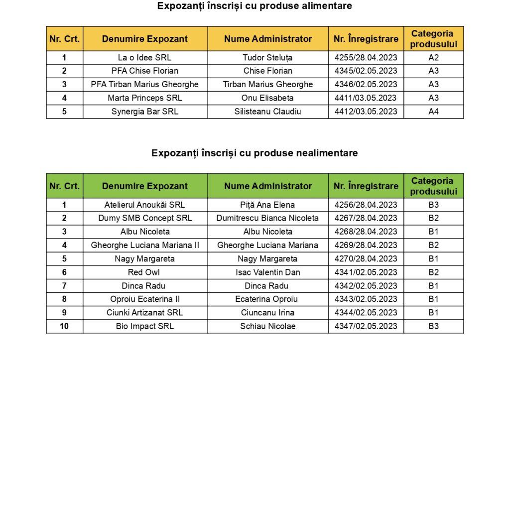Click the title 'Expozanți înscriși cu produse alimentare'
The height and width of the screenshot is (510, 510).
tap(255, 6)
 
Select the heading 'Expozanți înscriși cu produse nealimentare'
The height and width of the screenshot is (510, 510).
tap(255, 153)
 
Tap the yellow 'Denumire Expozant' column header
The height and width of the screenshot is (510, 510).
tap(145, 39)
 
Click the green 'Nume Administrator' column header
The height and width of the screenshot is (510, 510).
tap(268, 186)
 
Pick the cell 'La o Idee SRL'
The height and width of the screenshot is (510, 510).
tap(145, 58)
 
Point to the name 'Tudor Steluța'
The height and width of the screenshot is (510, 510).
tap(268, 58)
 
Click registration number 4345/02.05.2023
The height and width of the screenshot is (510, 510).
tap(366, 71)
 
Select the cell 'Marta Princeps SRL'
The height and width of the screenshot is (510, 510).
tap(145, 98)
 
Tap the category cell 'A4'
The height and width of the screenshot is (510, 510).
tap(434, 111)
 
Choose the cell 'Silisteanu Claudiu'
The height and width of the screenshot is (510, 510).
tap(268, 111)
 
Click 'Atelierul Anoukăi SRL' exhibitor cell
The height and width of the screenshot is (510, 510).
tap(145, 205)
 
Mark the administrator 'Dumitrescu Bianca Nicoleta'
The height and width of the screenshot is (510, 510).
tap(268, 218)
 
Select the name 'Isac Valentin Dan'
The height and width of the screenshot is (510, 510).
tap(268, 272)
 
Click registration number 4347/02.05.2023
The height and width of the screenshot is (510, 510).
tap(366, 326)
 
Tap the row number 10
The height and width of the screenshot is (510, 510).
tap(64, 326)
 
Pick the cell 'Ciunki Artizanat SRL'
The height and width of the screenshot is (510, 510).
tap(145, 313)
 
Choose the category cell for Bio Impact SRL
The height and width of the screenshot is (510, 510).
tap(434, 326)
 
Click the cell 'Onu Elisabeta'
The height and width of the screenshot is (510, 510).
tap(268, 98)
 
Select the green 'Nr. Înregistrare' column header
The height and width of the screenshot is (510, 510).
tap(366, 186)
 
